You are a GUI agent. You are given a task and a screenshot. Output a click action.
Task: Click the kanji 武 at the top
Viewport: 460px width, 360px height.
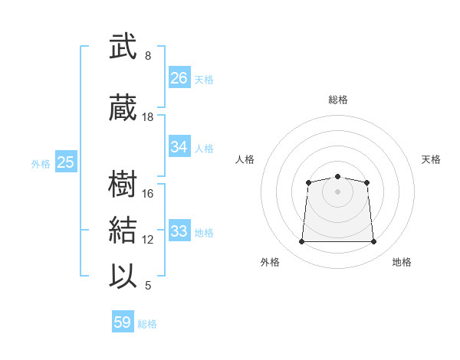[x=123, y=46]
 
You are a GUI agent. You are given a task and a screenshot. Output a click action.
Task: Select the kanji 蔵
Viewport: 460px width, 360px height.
[x=123, y=107]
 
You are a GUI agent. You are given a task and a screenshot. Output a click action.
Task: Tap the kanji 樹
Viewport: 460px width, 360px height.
[x=123, y=184]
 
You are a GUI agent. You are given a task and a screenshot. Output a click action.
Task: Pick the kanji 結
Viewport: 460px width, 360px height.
[x=123, y=230]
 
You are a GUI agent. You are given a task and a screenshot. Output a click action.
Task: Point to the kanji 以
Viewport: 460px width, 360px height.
[x=123, y=276]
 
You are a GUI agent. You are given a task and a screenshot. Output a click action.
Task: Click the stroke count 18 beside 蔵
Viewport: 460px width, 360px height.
[x=147, y=117]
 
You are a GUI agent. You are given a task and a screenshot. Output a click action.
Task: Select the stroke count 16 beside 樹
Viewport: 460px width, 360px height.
[x=147, y=194]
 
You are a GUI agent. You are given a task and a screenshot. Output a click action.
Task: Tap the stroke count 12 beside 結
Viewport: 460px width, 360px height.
[x=147, y=240]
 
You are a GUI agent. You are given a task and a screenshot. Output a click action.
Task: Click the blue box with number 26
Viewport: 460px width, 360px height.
[x=179, y=77]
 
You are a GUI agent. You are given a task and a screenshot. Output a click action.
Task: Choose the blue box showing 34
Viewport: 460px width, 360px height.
[x=179, y=146]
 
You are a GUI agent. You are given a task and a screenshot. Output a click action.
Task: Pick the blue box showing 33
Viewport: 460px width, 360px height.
[x=179, y=230]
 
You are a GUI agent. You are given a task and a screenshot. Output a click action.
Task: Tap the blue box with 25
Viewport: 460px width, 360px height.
[x=66, y=162]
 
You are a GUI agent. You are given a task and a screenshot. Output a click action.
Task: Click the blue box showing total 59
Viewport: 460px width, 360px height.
[x=123, y=321]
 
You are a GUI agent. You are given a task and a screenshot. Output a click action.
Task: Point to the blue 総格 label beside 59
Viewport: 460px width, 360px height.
[x=147, y=324]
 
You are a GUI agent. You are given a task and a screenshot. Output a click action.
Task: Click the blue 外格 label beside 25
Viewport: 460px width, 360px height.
[x=41, y=164]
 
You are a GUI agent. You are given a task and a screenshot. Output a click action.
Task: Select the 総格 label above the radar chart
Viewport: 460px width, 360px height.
[x=338, y=100]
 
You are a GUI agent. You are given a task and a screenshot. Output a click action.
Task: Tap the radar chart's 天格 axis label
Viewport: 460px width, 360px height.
[x=431, y=159]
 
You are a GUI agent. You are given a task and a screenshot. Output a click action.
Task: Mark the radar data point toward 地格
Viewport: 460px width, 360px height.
[x=373, y=241]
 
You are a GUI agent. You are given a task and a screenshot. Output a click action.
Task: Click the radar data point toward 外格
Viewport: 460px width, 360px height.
[x=301, y=241]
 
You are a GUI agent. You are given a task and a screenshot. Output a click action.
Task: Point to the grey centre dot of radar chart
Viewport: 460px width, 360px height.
[x=337, y=192]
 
